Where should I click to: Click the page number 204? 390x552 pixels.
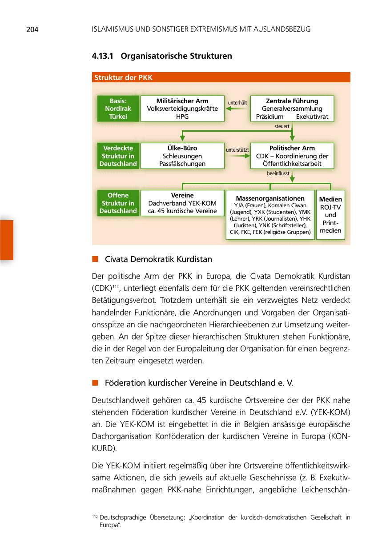tap(32, 30)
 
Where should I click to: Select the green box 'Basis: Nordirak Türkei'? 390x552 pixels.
tap(118, 109)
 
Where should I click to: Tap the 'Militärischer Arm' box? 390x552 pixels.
tap(182, 109)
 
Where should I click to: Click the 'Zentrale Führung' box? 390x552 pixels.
tap(292, 109)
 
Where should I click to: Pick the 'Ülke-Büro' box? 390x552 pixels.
tap(182, 156)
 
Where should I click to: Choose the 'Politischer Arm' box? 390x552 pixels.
tap(292, 156)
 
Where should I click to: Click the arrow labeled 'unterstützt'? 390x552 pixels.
tap(237, 156)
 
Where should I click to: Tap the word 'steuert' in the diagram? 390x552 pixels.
tap(282, 126)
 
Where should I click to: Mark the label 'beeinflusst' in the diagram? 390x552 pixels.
tap(278, 173)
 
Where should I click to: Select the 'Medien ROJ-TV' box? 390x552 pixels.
tap(330, 215)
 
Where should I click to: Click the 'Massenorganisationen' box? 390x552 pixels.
tap(270, 215)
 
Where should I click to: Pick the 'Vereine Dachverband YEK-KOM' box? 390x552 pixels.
tap(182, 203)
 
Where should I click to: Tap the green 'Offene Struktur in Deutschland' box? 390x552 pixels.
tap(118, 203)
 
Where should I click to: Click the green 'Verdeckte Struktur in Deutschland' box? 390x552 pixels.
tap(118, 156)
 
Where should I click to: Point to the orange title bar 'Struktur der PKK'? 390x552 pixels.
tap(221, 77)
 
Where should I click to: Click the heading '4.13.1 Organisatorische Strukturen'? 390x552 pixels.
tap(162, 56)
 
